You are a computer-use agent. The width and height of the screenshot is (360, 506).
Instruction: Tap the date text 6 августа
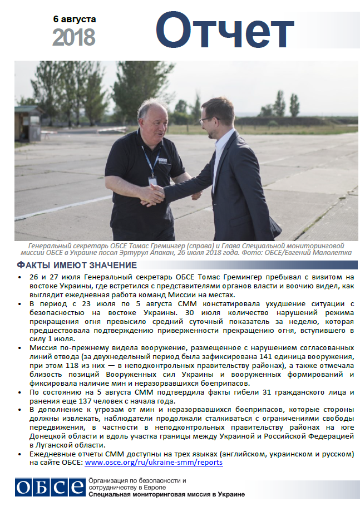75,19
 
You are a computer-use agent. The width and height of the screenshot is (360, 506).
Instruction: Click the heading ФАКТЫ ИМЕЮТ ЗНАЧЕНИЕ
77,265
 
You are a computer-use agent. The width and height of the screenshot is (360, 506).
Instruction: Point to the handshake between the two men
154,194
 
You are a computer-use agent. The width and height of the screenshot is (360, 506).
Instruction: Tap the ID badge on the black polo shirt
152,181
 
